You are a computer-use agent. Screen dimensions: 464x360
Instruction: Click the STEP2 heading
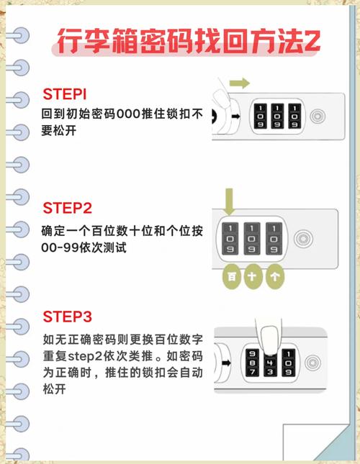(68, 209)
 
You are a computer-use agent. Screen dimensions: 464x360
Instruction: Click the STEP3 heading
(68, 317)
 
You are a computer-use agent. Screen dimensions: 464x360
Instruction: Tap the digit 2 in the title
(312, 41)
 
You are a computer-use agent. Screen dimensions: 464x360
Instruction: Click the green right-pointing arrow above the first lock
(240, 83)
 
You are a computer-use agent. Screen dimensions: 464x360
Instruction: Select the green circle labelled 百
(232, 276)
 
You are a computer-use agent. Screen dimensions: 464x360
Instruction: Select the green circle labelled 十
(253, 276)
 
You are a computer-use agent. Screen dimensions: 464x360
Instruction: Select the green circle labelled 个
(274, 276)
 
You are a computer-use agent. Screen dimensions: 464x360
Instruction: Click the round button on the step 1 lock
(317, 116)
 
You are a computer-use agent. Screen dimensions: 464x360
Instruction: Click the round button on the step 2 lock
(305, 239)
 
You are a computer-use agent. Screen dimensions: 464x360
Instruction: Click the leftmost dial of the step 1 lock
(259, 115)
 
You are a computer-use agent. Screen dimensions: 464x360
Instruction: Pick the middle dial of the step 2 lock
(252, 240)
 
